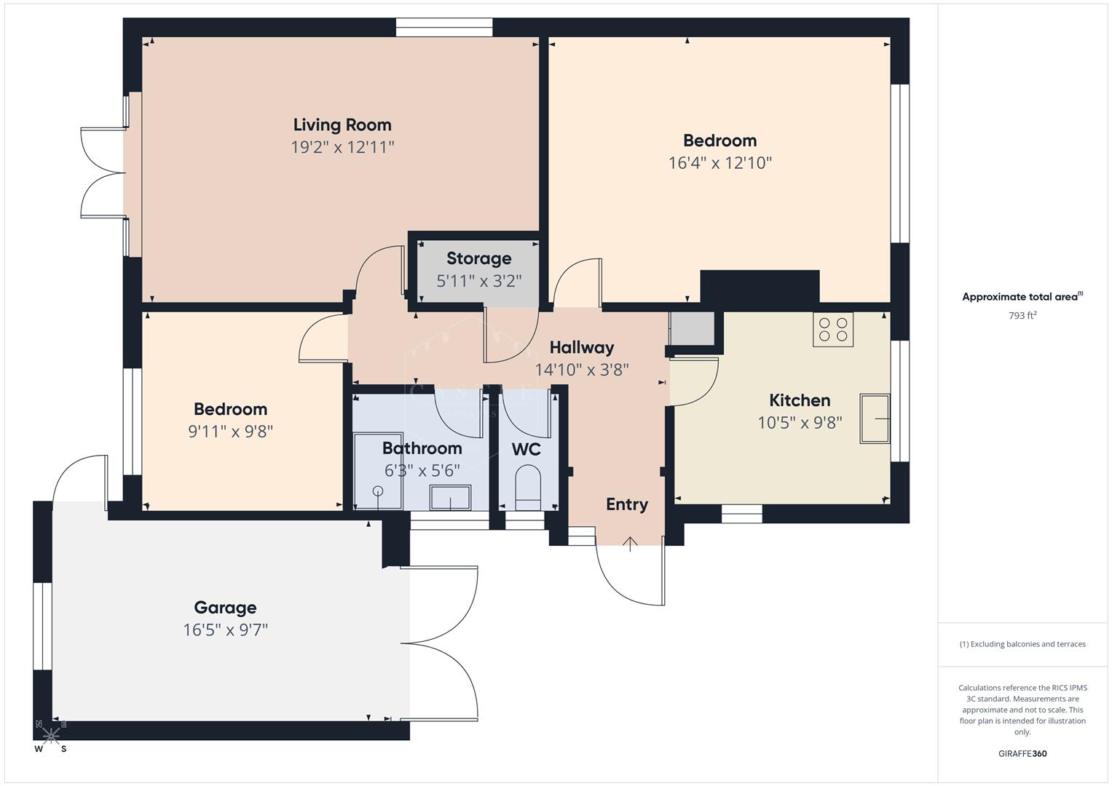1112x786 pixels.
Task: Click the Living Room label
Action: click(342, 125)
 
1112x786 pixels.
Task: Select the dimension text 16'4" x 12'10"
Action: click(719, 162)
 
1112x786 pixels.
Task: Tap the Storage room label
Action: click(478, 258)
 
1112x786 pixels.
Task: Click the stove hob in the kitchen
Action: click(832, 329)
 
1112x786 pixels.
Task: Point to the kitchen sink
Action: click(875, 418)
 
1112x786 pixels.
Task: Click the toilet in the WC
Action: click(527, 488)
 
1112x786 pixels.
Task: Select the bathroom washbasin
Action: click(449, 498)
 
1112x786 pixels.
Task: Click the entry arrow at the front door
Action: click(630, 544)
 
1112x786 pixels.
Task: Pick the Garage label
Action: click(225, 608)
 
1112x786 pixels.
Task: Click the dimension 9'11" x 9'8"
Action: click(230, 432)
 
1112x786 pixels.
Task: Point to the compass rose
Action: click(50, 735)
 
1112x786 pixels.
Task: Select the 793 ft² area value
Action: click(1022, 316)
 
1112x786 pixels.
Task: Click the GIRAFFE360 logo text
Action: click(1022, 753)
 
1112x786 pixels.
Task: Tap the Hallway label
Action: click(581, 347)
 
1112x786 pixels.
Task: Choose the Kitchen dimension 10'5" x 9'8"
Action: click(800, 423)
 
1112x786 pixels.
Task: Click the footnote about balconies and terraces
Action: click(1022, 644)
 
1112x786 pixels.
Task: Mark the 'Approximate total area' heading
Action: click(1021, 297)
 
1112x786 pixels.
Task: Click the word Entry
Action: click(627, 504)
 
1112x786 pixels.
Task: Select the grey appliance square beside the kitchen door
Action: click(692, 328)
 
